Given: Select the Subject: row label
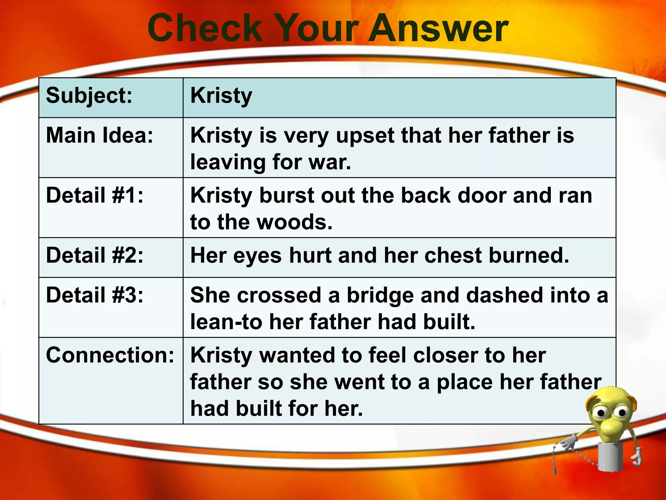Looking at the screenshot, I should point(89,96).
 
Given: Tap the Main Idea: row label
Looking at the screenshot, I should point(100,135).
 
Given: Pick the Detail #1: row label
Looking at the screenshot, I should point(95,195).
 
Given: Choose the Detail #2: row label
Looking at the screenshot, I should point(95,255).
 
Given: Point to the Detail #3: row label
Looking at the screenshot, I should point(95,295).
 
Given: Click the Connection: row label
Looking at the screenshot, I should point(110,355).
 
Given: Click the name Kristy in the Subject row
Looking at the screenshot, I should point(221,96).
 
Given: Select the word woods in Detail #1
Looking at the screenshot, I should point(294,222).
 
